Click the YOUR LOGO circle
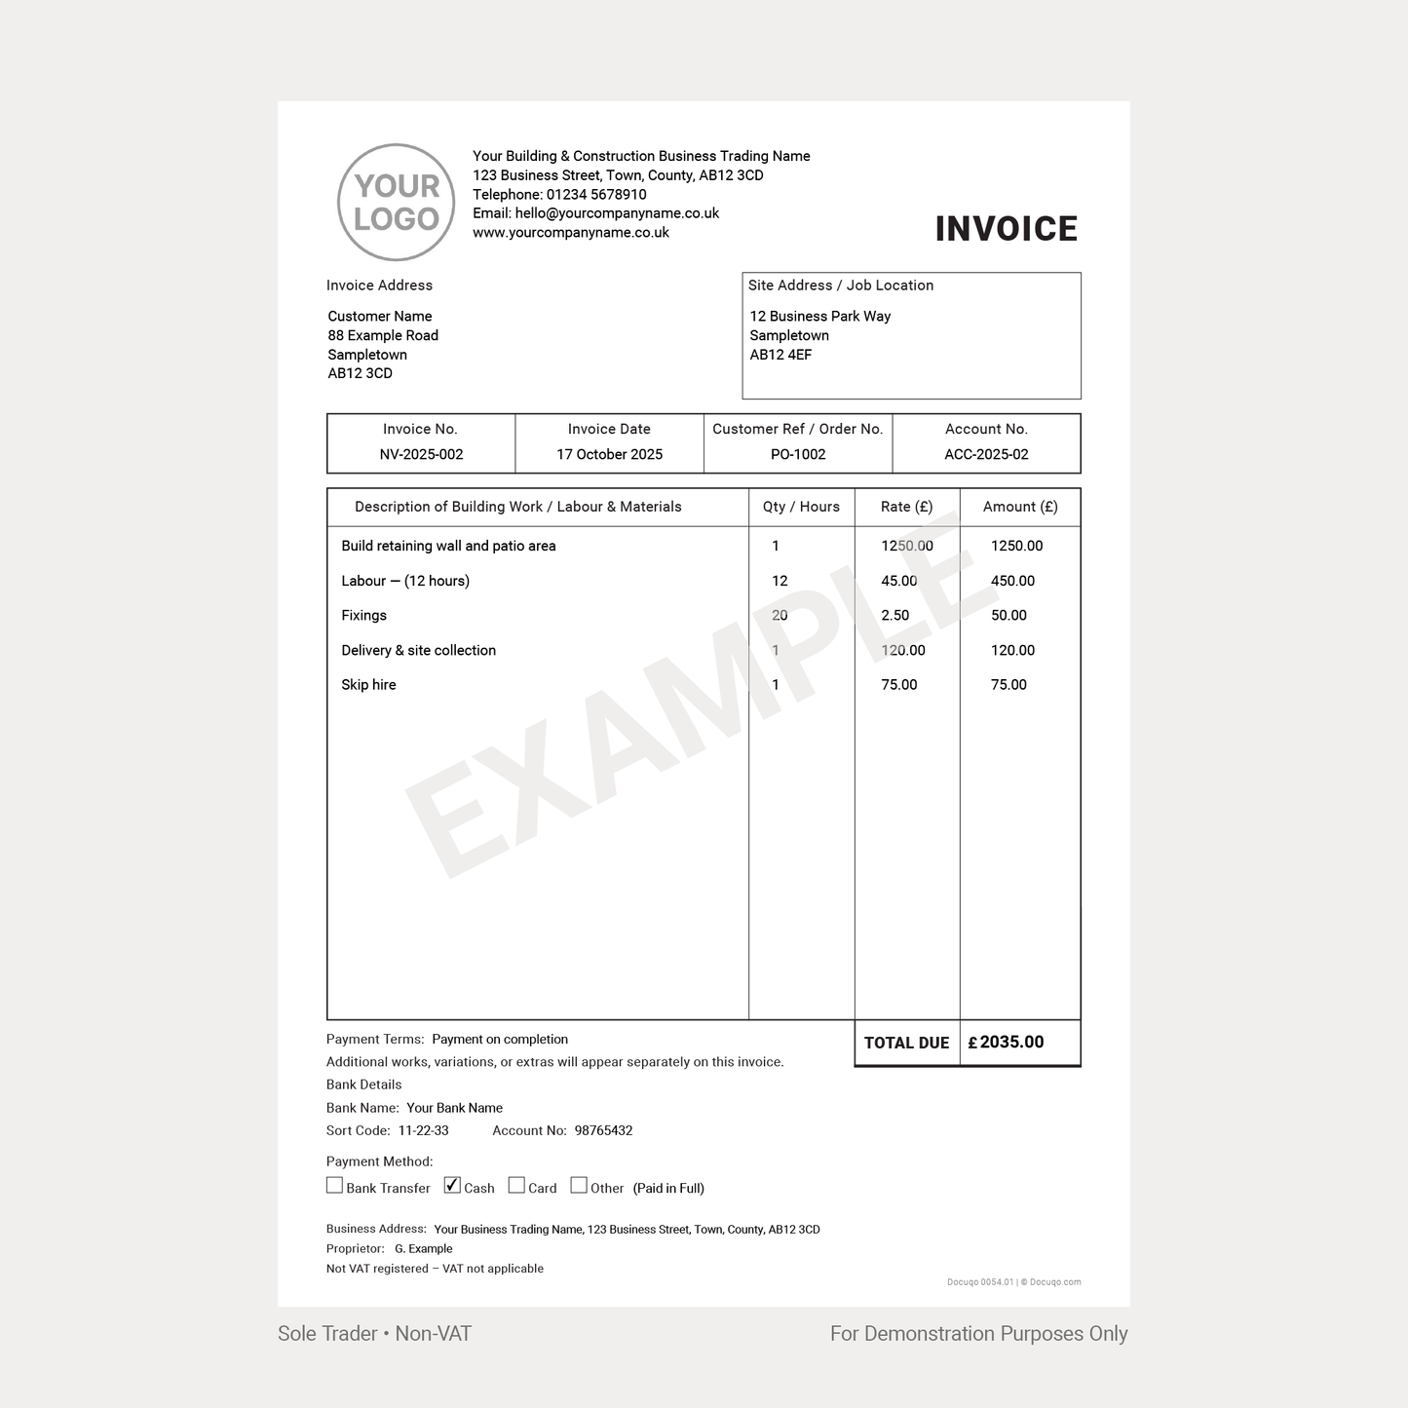[x=396, y=203]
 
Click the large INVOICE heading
[x=1006, y=229]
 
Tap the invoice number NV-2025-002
[x=421, y=454]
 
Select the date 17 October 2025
[x=609, y=454]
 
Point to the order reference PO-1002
[x=797, y=454]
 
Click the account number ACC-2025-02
[x=986, y=454]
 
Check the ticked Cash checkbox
[x=452, y=1185]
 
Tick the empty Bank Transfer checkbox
[x=334, y=1185]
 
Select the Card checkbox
[x=516, y=1185]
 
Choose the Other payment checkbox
[x=579, y=1185]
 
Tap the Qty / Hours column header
[x=801, y=507]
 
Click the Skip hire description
[x=368, y=685]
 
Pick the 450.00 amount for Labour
[x=1012, y=581]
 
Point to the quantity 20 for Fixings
[x=780, y=615]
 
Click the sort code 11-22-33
[x=424, y=1130]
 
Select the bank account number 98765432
[x=603, y=1130]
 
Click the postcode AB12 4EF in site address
[x=780, y=355]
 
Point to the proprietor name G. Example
[x=423, y=1248]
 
